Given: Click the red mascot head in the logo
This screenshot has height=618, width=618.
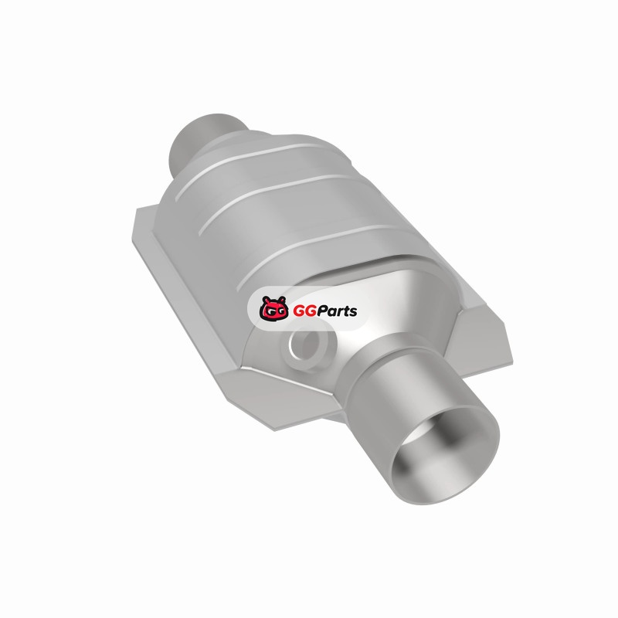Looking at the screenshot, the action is click(x=273, y=308).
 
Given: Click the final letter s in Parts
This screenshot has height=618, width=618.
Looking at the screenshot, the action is click(x=353, y=313).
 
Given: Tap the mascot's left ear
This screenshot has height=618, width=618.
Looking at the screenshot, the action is click(x=266, y=300).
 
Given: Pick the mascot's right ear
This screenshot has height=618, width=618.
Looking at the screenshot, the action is click(x=281, y=300).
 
